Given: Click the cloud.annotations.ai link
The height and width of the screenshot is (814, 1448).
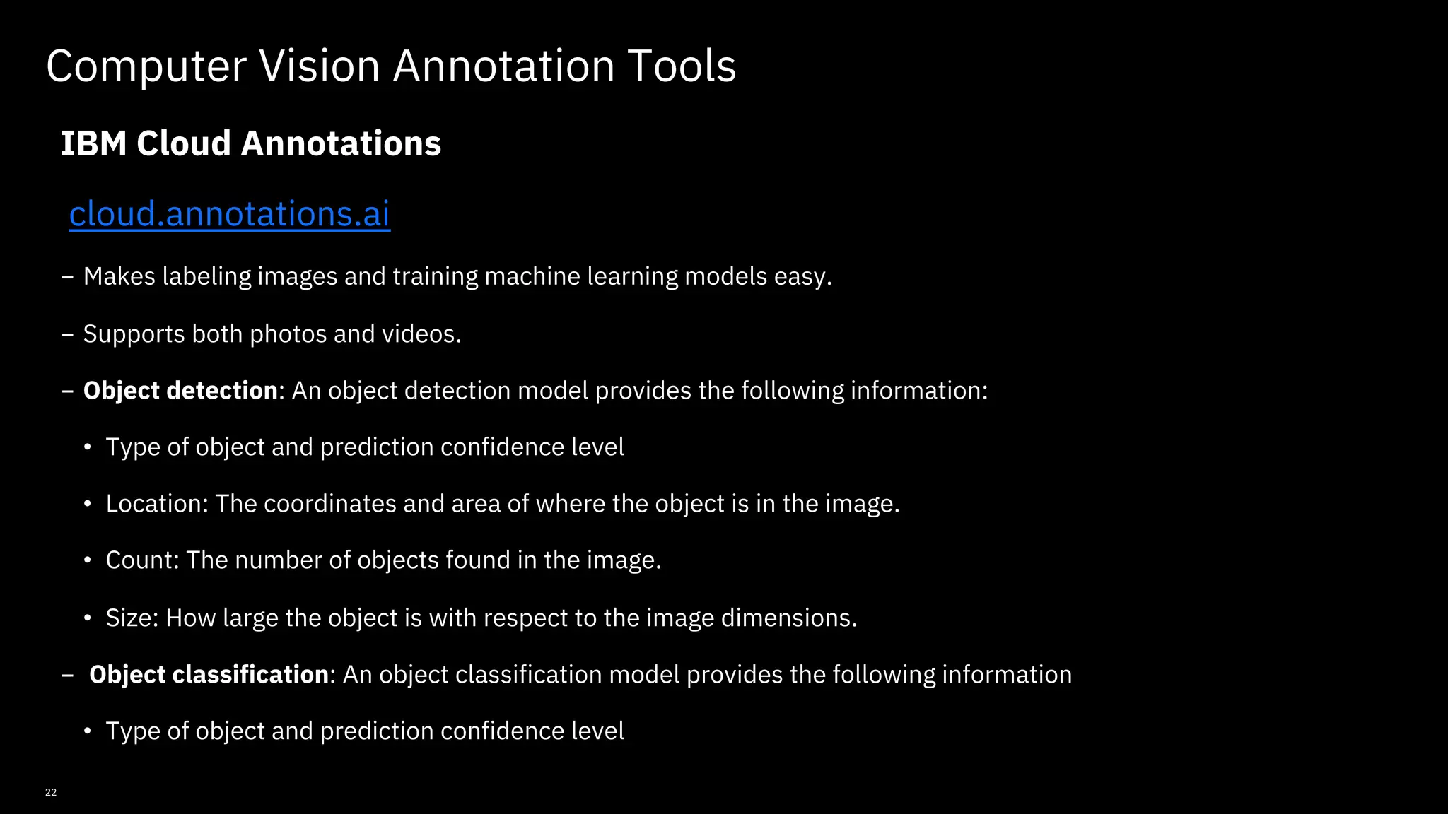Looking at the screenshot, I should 229,213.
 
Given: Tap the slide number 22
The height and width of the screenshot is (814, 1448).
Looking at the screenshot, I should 51,792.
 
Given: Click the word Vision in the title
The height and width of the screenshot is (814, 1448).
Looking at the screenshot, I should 320,66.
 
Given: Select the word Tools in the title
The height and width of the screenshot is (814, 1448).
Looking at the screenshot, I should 682,66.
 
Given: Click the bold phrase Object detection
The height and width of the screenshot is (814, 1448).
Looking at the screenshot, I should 180,391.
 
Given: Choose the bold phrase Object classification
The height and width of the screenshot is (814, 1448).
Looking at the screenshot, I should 209,675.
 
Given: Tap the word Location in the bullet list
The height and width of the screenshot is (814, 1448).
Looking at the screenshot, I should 156,504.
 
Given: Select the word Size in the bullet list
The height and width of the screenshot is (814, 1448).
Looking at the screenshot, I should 131,618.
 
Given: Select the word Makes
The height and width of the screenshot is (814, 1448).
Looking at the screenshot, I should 119,276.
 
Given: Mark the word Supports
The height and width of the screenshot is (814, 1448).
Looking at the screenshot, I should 134,334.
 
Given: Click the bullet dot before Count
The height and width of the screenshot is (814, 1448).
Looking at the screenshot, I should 88,560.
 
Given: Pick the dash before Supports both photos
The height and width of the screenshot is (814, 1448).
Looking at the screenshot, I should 68,334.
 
